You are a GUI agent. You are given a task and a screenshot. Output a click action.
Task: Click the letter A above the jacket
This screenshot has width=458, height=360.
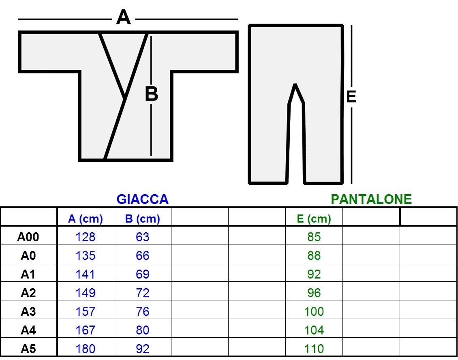coord(123,17)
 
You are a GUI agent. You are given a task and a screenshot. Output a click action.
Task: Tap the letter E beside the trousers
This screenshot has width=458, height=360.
coord(351,96)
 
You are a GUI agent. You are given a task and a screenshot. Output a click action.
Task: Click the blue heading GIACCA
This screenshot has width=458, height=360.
coord(143,199)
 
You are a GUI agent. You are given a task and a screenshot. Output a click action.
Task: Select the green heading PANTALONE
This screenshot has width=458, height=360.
coord(371,199)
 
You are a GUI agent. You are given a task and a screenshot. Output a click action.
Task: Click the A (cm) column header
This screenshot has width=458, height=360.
coord(85,219)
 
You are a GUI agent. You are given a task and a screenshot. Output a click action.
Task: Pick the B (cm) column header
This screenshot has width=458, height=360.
coord(142,219)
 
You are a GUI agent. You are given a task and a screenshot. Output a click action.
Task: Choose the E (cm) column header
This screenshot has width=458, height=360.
coord(314,219)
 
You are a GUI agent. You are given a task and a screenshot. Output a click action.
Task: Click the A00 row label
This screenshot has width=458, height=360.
coord(28,237)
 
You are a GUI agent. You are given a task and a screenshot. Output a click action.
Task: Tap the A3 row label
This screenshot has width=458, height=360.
coord(28,311)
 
